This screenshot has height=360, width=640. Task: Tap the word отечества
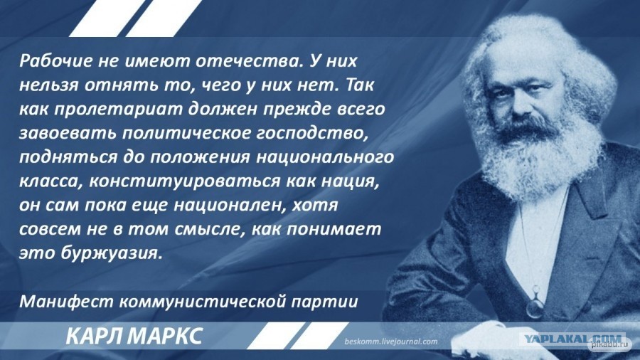[246, 61]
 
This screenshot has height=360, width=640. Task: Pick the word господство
[312, 134]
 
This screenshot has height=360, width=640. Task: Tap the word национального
[324, 157]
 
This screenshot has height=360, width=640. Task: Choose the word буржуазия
[112, 254]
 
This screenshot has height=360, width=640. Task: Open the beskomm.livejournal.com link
[390, 342]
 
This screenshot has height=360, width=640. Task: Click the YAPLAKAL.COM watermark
[573, 339]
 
